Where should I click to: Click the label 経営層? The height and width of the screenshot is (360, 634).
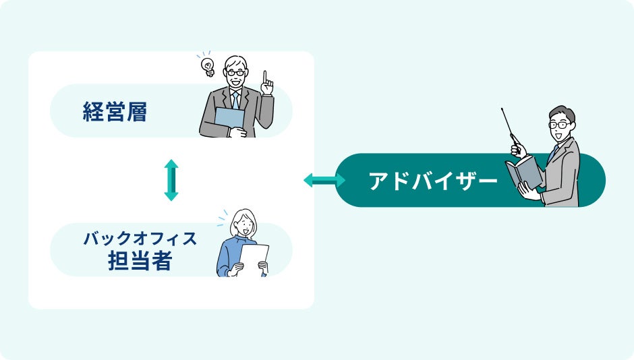[115, 111]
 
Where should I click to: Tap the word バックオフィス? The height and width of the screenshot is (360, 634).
[140, 239]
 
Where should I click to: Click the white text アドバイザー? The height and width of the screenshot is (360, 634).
[433, 181]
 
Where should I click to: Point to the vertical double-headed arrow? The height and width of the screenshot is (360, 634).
[171, 180]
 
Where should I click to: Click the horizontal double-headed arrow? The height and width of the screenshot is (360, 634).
[324, 180]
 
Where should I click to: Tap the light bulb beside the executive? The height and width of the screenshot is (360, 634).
[208, 67]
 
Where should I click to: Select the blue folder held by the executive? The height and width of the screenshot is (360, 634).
[229, 118]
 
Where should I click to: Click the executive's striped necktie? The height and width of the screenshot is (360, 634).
[235, 100]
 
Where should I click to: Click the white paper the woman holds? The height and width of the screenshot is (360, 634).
[254, 260]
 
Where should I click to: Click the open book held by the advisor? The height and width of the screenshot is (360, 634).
[524, 173]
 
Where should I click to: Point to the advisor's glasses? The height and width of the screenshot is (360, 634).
[559, 125]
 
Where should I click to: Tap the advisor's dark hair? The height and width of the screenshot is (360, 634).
[561, 112]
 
